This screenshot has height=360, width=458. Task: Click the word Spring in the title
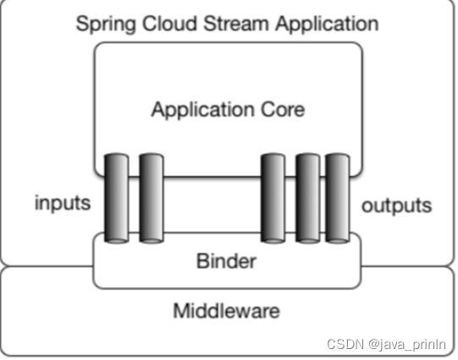(106, 25)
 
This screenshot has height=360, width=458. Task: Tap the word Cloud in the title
(169, 24)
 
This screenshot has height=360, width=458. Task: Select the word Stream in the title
(236, 24)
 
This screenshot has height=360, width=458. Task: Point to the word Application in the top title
(327, 25)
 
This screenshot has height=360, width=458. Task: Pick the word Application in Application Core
(202, 110)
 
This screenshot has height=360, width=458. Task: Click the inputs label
(63, 203)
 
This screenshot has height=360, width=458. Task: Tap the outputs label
(397, 206)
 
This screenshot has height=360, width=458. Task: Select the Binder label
(226, 261)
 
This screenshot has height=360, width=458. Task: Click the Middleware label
(226, 311)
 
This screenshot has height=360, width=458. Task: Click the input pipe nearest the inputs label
(117, 198)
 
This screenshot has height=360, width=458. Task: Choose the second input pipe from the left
(152, 198)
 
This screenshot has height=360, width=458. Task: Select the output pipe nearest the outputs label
(338, 198)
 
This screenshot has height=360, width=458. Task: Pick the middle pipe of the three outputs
(308, 198)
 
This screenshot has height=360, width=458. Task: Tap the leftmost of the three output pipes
(273, 198)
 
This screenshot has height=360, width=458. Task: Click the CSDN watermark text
(345, 344)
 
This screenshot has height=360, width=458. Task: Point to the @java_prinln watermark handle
(407, 345)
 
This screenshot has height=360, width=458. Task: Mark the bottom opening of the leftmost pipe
(117, 241)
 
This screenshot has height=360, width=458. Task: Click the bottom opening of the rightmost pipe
(338, 241)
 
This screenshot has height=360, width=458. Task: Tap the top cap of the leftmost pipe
(117, 155)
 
